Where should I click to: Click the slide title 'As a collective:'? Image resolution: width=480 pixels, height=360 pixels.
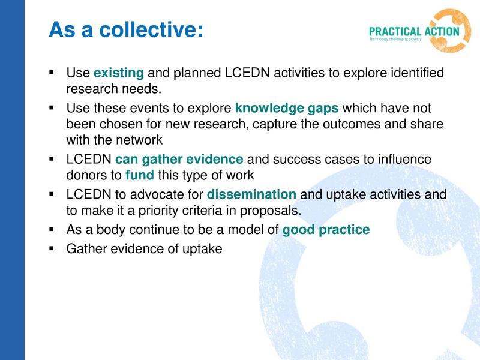click(x=126, y=29)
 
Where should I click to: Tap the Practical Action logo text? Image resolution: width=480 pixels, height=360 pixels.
click(x=415, y=31)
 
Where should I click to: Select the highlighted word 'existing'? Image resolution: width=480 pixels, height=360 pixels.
click(x=119, y=74)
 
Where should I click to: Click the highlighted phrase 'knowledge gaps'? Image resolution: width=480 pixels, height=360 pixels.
click(x=287, y=109)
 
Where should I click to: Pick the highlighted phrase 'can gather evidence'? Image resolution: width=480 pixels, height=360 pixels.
click(x=179, y=160)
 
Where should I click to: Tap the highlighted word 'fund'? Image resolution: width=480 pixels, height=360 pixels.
click(x=140, y=176)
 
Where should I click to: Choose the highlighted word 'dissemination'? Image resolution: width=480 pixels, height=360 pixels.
click(x=251, y=194)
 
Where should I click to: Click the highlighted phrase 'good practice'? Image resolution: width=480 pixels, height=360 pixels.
click(x=326, y=230)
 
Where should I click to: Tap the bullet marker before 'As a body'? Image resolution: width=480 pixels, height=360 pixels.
click(x=53, y=230)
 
